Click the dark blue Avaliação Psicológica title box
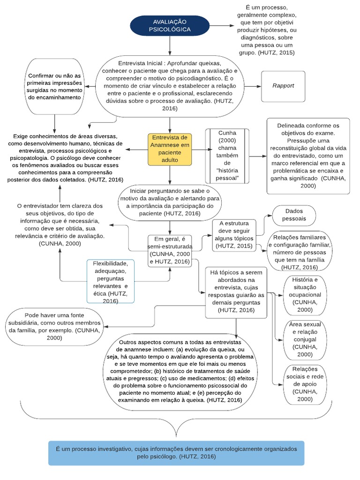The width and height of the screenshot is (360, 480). click(x=170, y=26)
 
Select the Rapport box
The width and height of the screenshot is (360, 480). click(x=283, y=86)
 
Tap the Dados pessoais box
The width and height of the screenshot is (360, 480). click(x=294, y=215)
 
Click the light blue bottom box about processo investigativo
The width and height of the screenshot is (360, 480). click(x=176, y=452)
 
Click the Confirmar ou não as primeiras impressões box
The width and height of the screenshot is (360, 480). click(x=55, y=86)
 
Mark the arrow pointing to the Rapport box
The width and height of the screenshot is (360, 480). click(x=252, y=86)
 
